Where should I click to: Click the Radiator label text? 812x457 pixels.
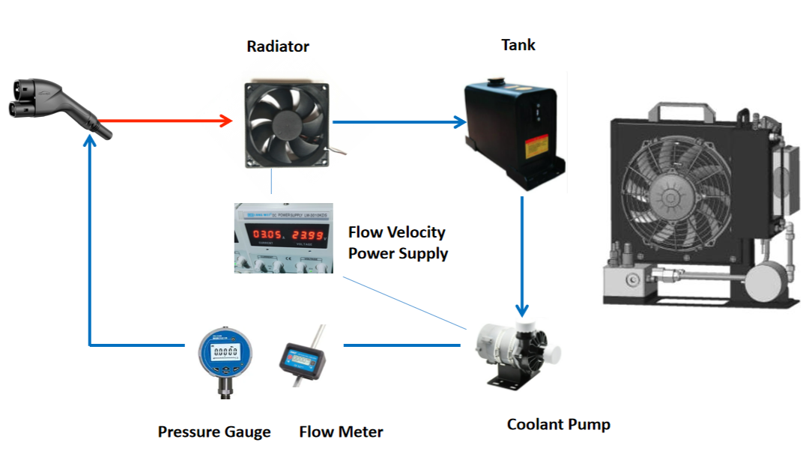click(278, 46)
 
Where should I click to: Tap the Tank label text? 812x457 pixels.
click(518, 45)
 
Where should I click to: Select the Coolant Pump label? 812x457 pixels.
click(558, 425)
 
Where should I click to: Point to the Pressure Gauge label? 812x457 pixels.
click(214, 432)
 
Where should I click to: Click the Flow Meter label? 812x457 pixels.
click(341, 432)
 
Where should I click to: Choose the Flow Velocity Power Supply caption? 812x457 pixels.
click(398, 243)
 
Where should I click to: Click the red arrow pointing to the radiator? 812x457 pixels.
click(165, 121)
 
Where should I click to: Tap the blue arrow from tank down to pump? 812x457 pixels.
click(522, 255)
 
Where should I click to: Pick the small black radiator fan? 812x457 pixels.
click(288, 124)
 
